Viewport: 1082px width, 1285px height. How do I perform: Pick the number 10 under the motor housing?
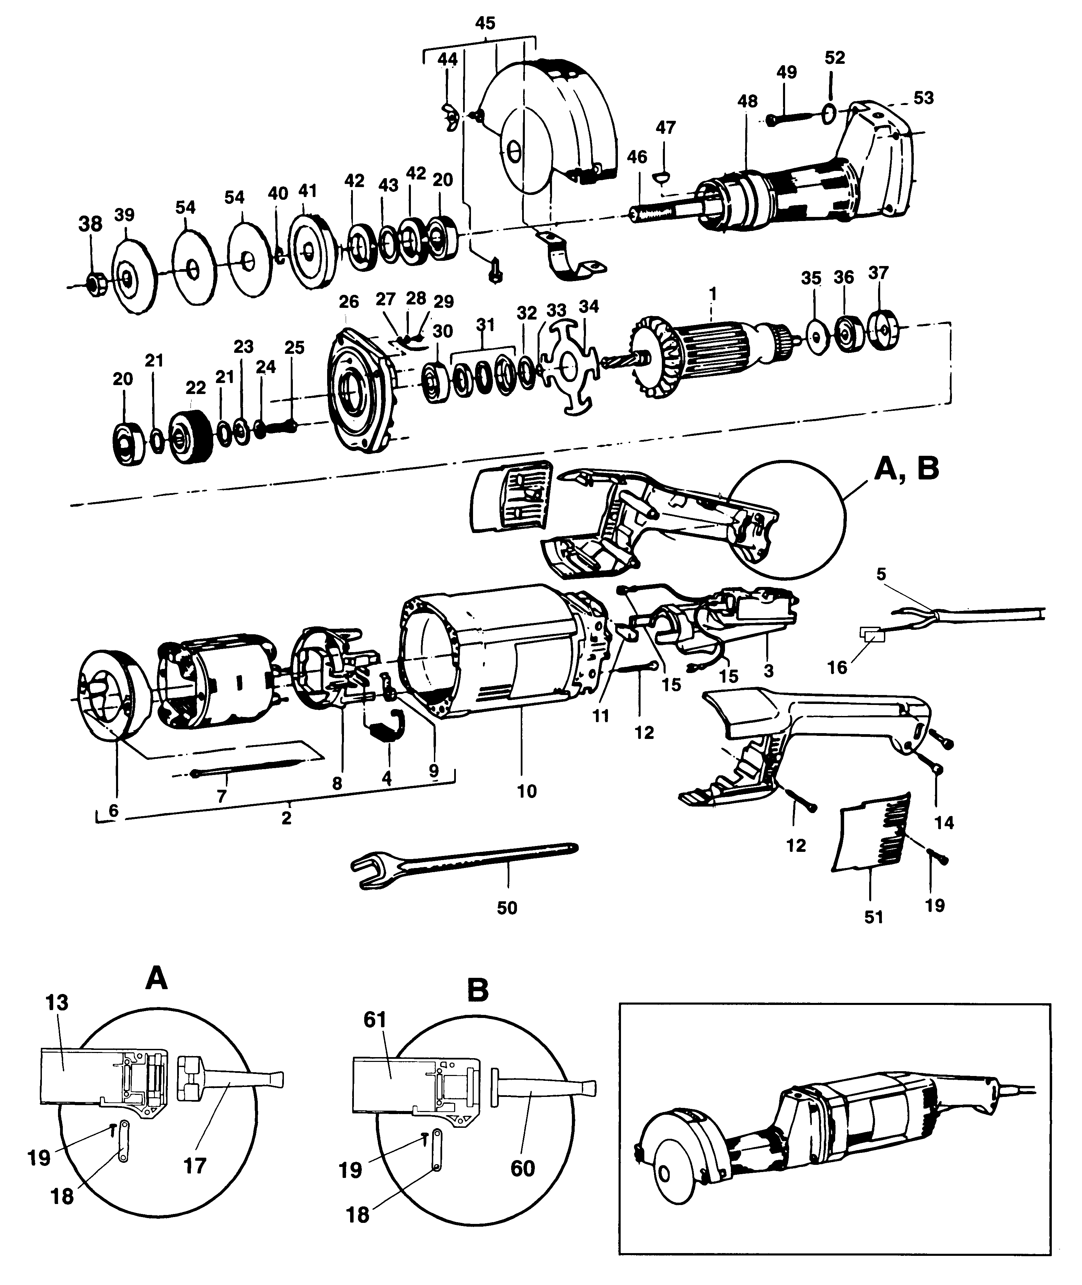pos(526,791)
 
